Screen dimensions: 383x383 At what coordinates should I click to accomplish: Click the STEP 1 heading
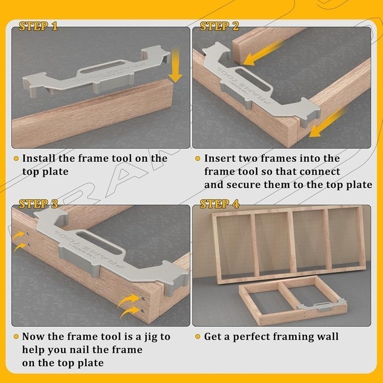[38, 26]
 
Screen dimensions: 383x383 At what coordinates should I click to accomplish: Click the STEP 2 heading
[219, 26]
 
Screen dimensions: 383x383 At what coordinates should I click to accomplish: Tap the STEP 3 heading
[38, 204]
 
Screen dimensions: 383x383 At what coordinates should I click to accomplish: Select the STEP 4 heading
[219, 204]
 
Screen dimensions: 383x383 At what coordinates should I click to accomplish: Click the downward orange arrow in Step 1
[176, 67]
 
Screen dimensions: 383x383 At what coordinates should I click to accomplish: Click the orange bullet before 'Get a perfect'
[197, 337]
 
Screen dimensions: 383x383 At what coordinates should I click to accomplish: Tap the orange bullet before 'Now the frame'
[16, 337]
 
